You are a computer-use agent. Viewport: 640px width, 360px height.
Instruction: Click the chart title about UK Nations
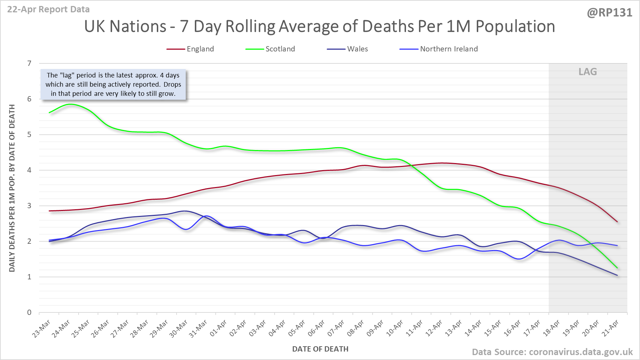tap(319, 26)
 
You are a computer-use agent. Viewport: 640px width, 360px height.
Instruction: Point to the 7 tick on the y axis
tap(30, 63)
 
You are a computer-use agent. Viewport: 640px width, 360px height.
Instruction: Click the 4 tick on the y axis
tap(30, 170)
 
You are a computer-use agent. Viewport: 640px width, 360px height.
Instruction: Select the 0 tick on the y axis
tap(30, 312)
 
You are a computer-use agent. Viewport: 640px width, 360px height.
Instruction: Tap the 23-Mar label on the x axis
tap(42, 329)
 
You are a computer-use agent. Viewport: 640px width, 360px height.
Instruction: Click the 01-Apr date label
tap(219, 329)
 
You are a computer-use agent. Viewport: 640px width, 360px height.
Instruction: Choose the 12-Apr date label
tap(434, 329)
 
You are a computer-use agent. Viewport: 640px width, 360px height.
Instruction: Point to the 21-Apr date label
tap(611, 329)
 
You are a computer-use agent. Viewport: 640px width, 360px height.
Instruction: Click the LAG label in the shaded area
tap(587, 72)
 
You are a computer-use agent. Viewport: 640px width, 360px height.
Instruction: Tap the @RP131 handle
tap(609, 13)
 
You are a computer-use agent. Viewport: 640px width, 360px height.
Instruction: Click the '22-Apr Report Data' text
tap(48, 10)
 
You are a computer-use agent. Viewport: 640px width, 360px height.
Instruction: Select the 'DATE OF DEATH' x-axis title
tap(320, 349)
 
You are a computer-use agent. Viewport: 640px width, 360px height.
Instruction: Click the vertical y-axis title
tap(12, 188)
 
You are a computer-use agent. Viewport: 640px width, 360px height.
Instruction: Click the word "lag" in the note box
tap(67, 75)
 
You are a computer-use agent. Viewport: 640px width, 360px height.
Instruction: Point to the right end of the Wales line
tap(617, 275)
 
